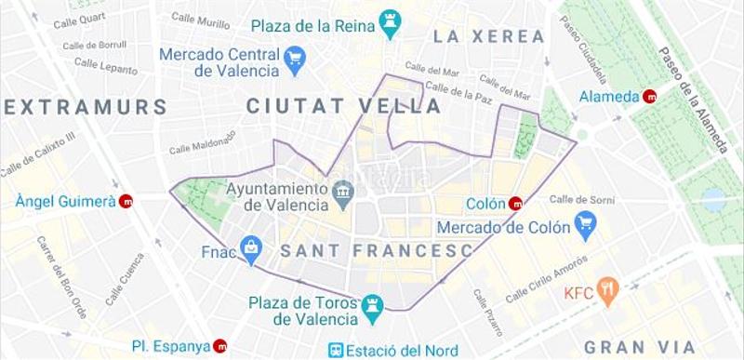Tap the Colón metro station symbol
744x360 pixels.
pos(515,204)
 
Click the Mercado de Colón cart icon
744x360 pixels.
pos(584,222)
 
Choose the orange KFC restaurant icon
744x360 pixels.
pos(608,292)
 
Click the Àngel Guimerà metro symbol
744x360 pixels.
pos(126,201)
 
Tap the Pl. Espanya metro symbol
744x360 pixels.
pos(220,346)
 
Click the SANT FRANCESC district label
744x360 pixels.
pos(377,250)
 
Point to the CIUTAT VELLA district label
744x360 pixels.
pos(343,106)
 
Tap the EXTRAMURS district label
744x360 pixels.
pos(85,106)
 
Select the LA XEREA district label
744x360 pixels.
pos(488,36)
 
